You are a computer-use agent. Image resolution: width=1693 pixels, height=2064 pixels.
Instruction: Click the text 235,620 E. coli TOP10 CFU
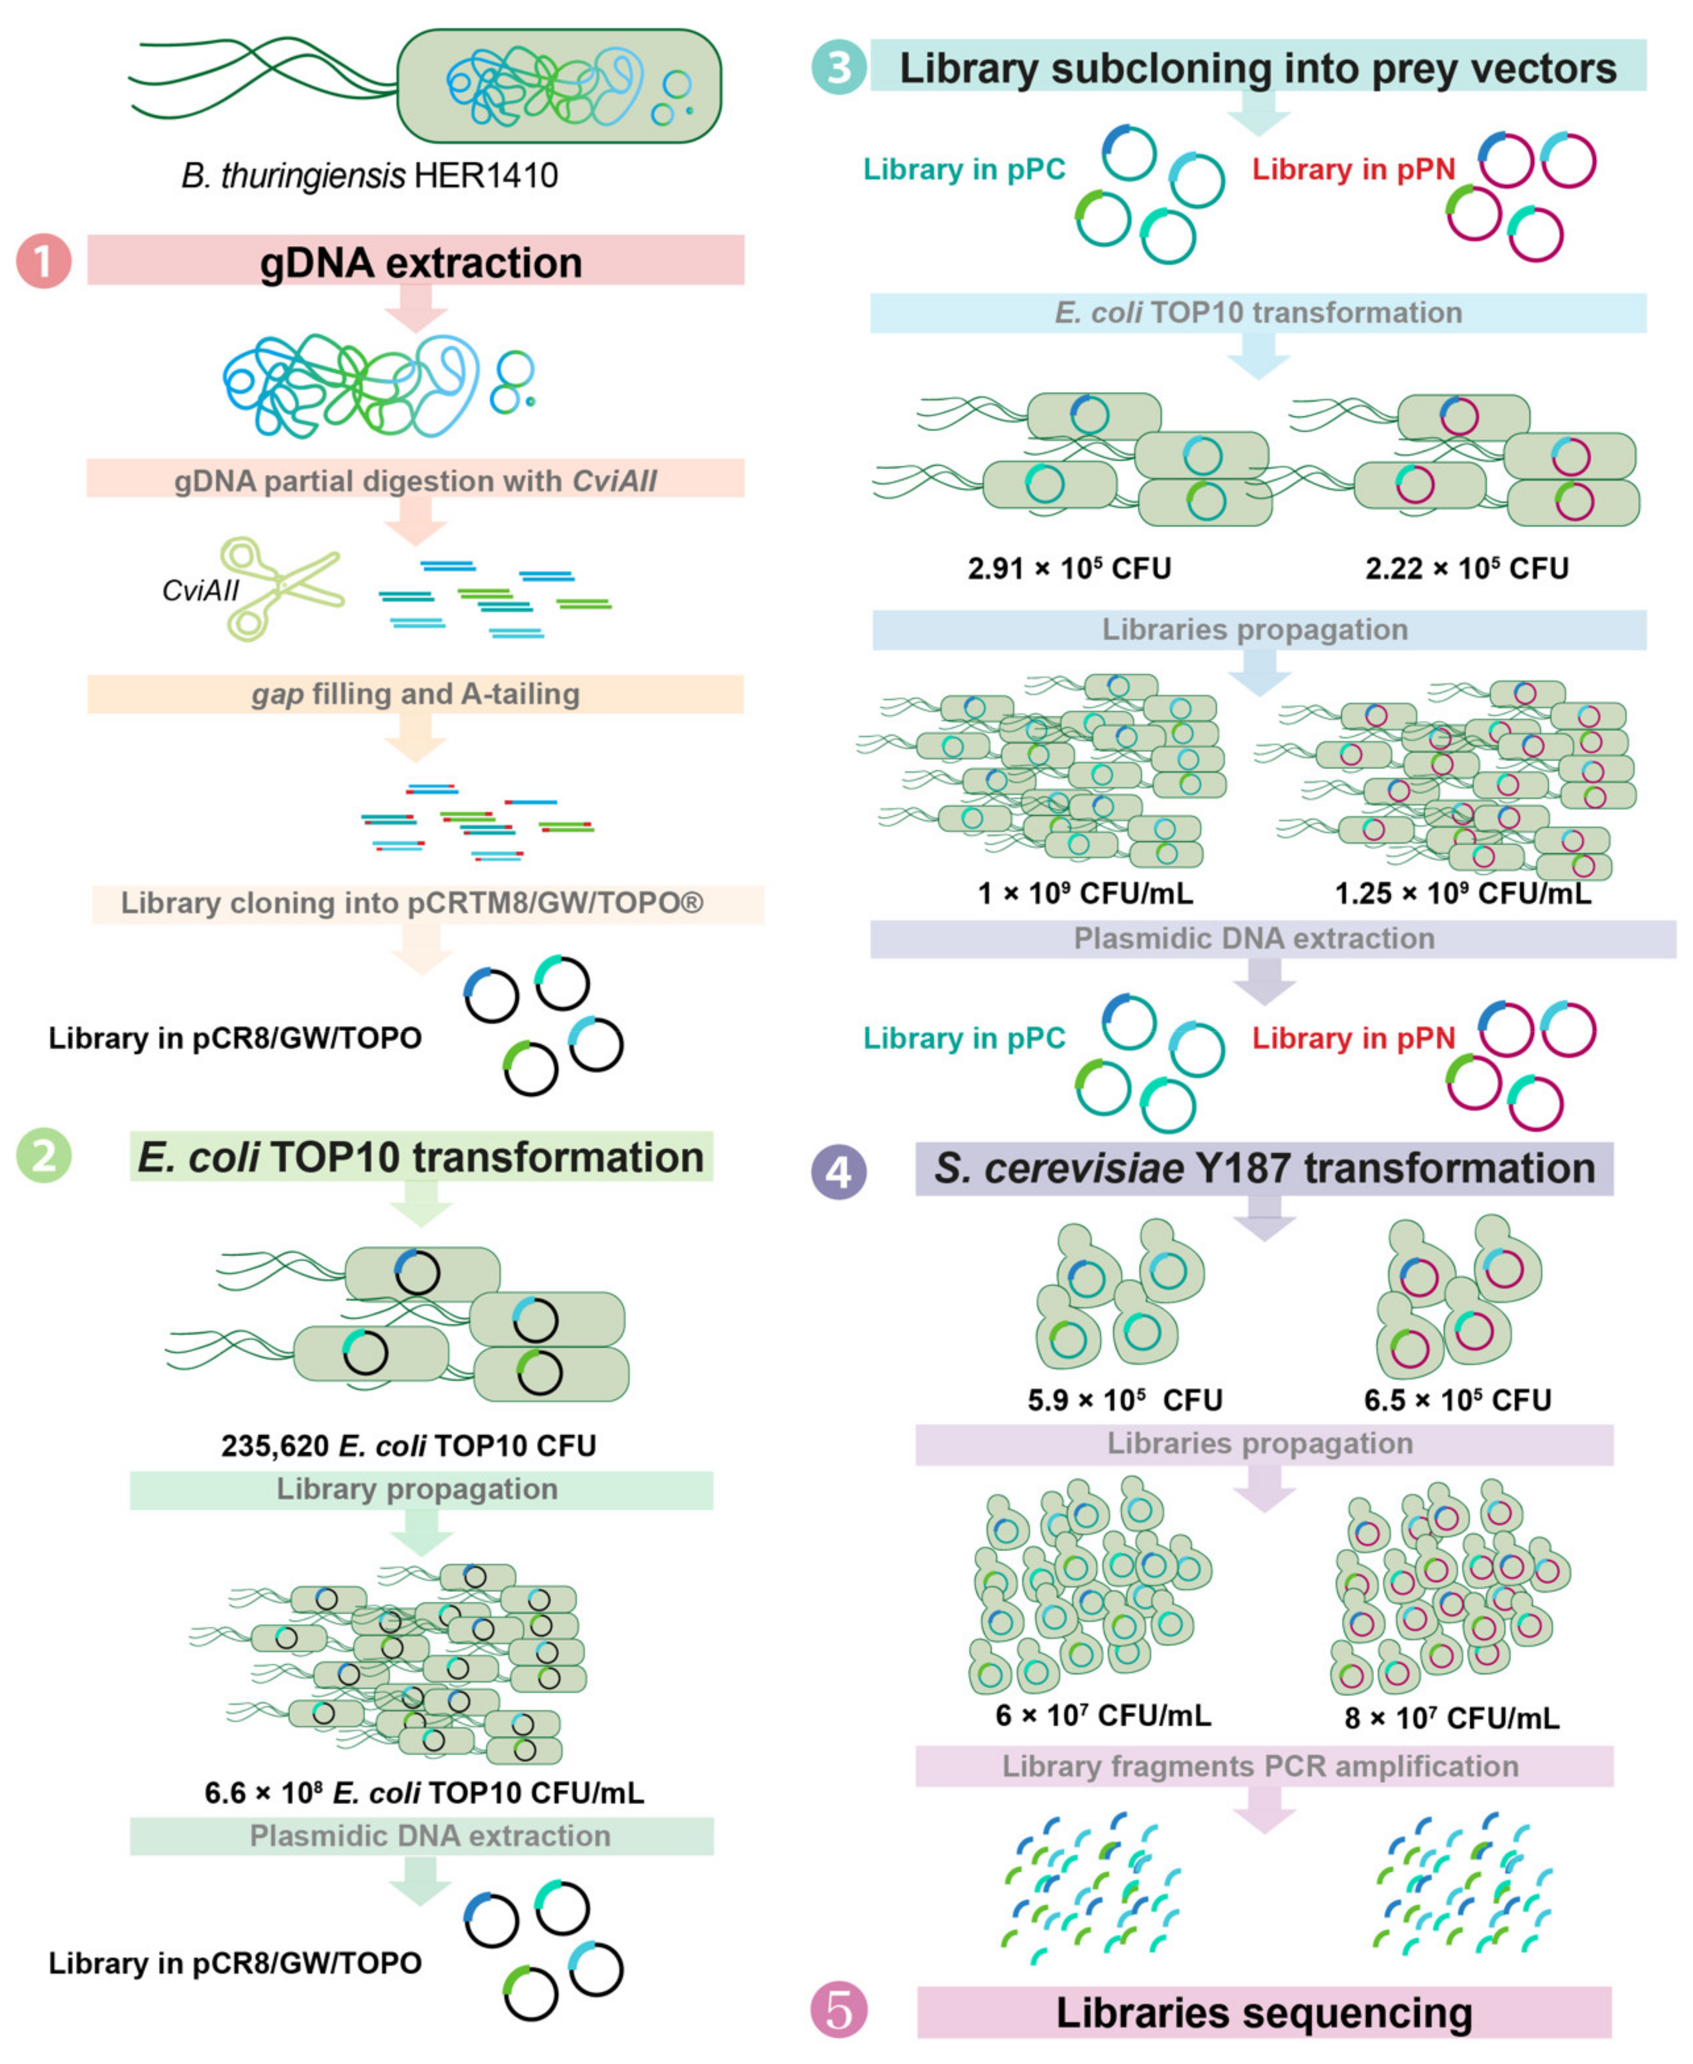tap(409, 1445)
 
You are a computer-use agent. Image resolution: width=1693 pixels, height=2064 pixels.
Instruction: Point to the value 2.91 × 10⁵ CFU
tap(1069, 568)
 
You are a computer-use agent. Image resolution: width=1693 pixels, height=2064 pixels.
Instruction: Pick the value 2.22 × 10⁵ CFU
tap(1467, 568)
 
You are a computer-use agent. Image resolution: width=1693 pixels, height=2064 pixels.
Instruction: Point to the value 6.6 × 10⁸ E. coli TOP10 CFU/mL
tap(424, 1792)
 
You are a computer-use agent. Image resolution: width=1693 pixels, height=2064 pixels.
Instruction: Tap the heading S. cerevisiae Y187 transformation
tap(1264, 1169)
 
